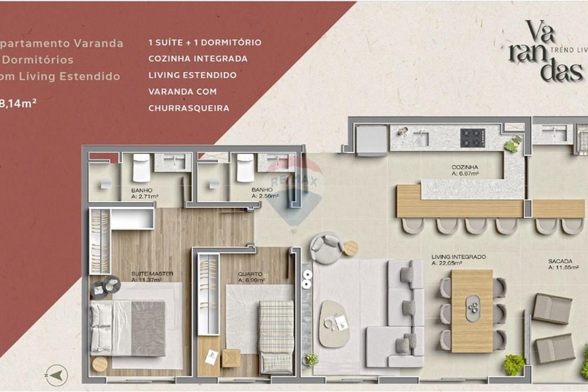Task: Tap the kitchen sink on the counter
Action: (420, 139)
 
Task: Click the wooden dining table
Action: (472, 311)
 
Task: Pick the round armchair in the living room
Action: (327, 248)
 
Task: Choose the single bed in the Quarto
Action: (276, 336)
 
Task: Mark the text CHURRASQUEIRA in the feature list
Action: (189, 108)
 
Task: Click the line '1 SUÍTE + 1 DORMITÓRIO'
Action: (205, 42)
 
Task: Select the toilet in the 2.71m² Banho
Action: (142, 168)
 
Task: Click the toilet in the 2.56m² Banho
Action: (245, 169)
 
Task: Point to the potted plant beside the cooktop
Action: (513, 143)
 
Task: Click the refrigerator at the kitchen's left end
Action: (372, 140)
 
